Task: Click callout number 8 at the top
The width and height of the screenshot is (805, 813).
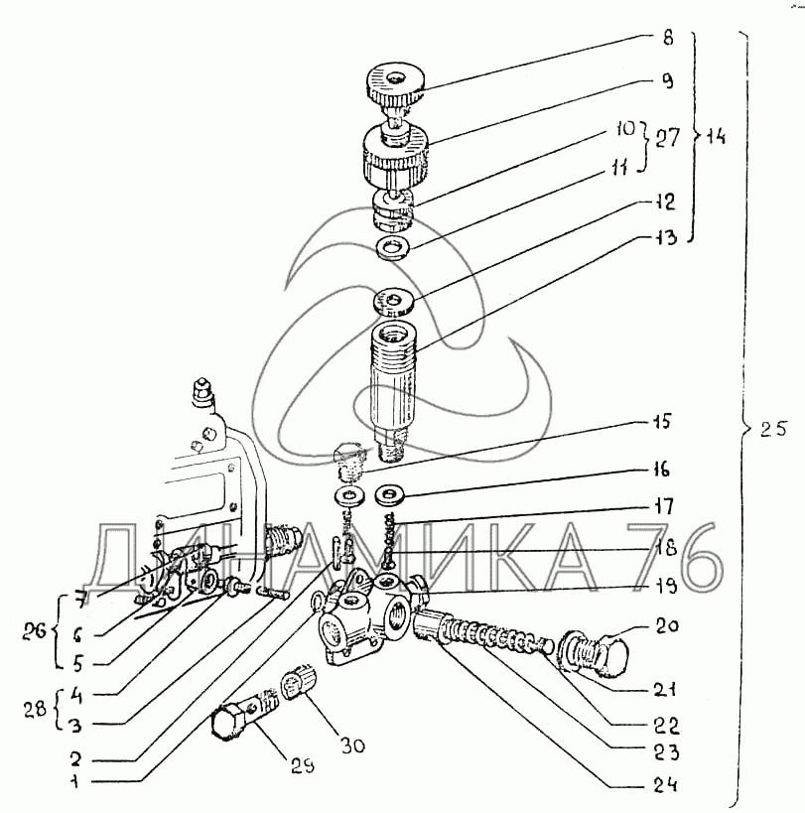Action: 668,38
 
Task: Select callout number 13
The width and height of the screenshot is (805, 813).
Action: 664,237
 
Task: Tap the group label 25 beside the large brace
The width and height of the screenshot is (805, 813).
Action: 774,428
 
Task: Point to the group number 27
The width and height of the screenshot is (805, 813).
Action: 667,138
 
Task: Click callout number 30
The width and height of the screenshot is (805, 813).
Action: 352,745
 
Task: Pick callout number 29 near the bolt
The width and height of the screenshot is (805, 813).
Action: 302,765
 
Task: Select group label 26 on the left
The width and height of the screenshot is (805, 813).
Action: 34,632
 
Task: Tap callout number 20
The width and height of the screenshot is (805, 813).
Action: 667,625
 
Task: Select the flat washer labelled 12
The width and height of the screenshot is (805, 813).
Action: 394,301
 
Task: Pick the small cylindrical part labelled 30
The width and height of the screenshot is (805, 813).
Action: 297,684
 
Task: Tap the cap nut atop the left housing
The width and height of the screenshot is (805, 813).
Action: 201,390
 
